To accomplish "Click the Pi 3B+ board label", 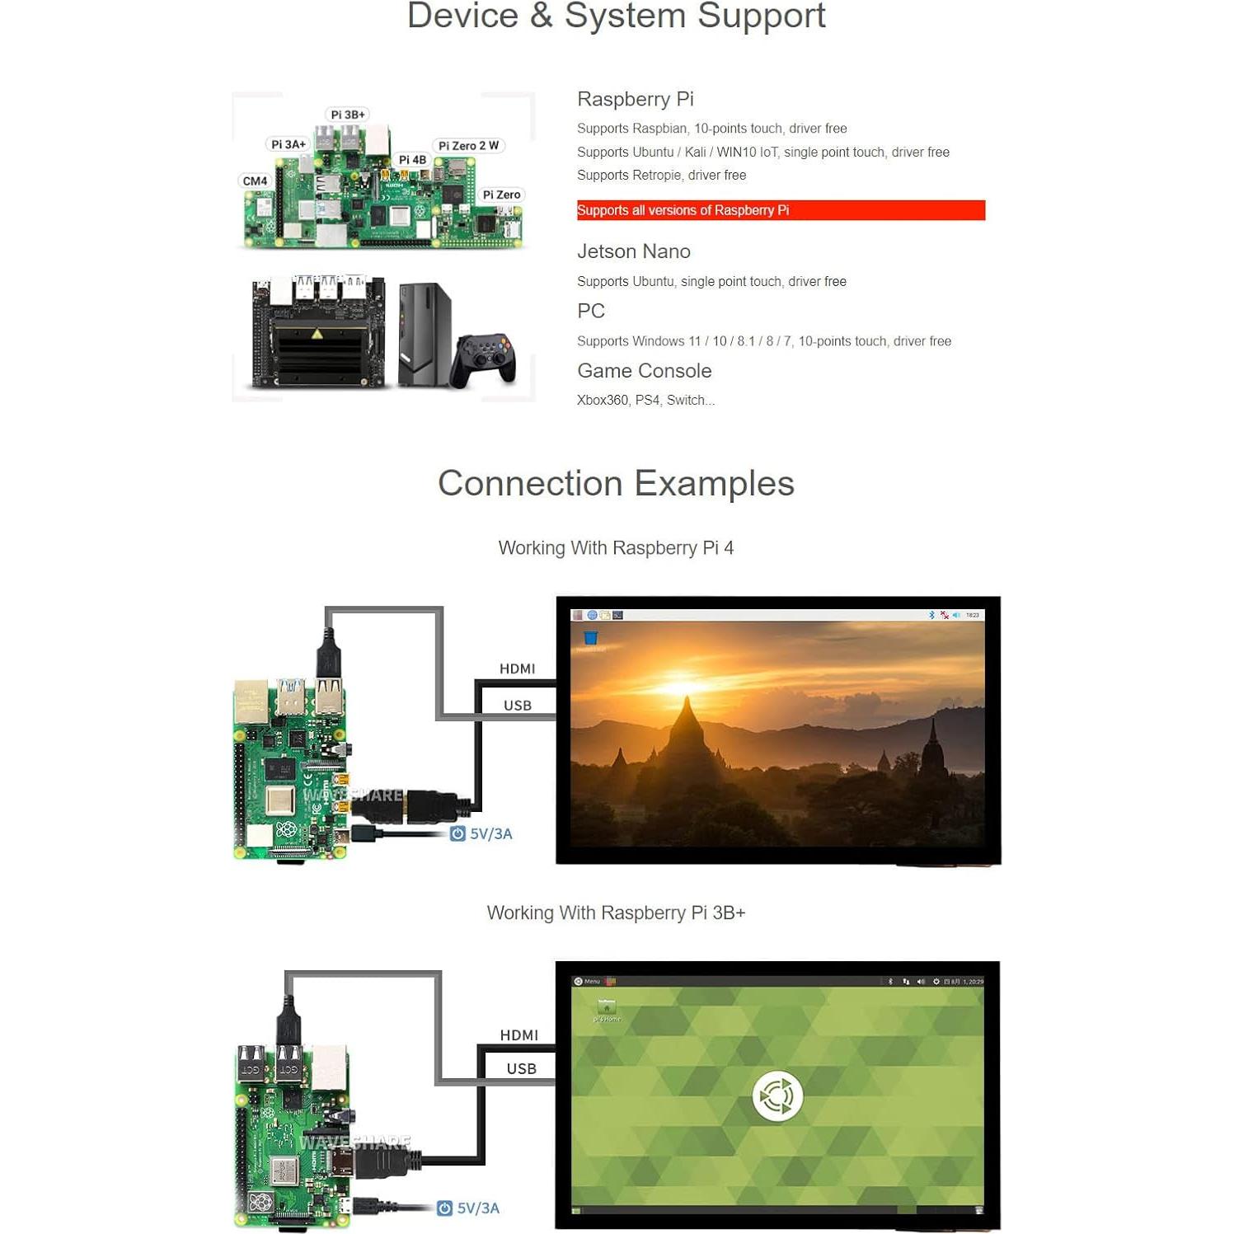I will click(x=347, y=115).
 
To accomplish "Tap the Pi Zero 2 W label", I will click(x=468, y=146).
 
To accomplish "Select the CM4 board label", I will click(x=255, y=181).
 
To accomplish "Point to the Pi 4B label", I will click(x=412, y=160).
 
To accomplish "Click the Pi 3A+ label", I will click(x=289, y=144).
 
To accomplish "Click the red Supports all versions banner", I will click(x=780, y=210).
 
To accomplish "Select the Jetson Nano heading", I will click(x=633, y=251).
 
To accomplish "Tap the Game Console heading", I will click(x=644, y=371).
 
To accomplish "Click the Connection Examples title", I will click(x=616, y=483).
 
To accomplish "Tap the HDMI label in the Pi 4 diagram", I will click(x=517, y=669).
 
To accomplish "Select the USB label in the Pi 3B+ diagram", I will click(x=521, y=1068).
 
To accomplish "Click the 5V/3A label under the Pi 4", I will click(x=490, y=833).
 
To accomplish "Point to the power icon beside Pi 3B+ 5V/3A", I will click(x=444, y=1208).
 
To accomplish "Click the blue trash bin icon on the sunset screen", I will click(x=590, y=638).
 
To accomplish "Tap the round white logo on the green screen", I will click(x=777, y=1096).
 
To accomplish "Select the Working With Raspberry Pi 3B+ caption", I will click(x=616, y=913).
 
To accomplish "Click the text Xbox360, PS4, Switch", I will click(x=645, y=400).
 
